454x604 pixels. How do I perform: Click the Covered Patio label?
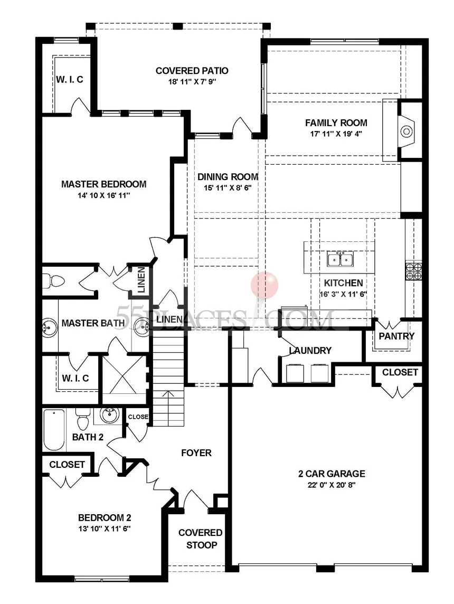(x=192, y=71)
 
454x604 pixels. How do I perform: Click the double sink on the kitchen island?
(x=340, y=259)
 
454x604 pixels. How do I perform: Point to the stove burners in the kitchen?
(x=413, y=270)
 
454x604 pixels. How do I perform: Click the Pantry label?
(x=396, y=336)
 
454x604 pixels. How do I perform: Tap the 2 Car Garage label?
(x=330, y=474)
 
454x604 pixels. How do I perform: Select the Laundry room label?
(x=310, y=351)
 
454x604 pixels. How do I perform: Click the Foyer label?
(x=196, y=452)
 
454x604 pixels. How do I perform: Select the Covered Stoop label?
(x=200, y=539)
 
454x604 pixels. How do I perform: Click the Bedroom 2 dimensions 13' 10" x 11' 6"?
(x=105, y=528)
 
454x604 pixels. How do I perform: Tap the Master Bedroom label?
(x=103, y=184)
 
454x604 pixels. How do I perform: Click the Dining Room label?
(x=228, y=177)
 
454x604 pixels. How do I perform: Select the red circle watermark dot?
(x=264, y=284)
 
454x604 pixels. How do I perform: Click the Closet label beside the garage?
(x=400, y=372)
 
